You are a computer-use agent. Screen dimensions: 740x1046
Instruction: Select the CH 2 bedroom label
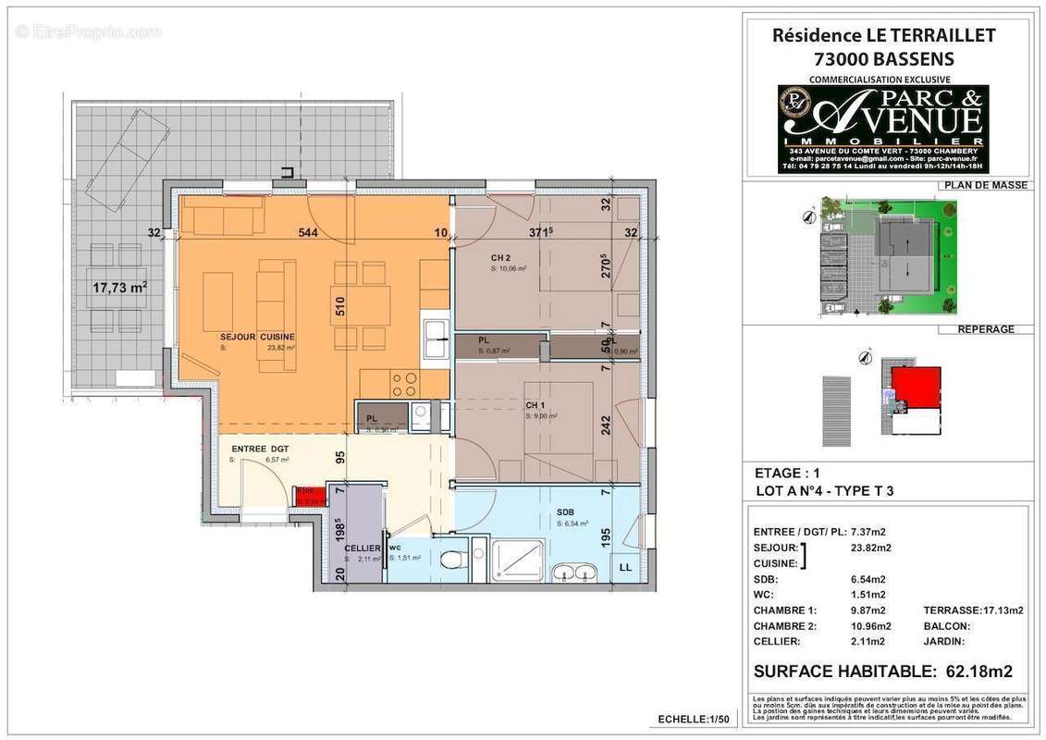(500, 258)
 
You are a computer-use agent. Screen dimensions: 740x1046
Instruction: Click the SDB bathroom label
(565, 512)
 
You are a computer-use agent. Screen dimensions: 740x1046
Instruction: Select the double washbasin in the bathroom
(576, 573)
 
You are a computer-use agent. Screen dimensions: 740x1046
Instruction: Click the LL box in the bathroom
(626, 567)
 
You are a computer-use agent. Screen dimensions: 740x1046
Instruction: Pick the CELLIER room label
(363, 549)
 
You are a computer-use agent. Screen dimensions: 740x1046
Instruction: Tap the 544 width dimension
(308, 233)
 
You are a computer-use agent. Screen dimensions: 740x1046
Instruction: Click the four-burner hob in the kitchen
(403, 381)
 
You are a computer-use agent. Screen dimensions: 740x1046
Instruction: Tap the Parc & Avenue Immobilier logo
(882, 129)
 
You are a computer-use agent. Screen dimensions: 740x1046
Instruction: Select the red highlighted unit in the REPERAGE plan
(915, 386)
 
